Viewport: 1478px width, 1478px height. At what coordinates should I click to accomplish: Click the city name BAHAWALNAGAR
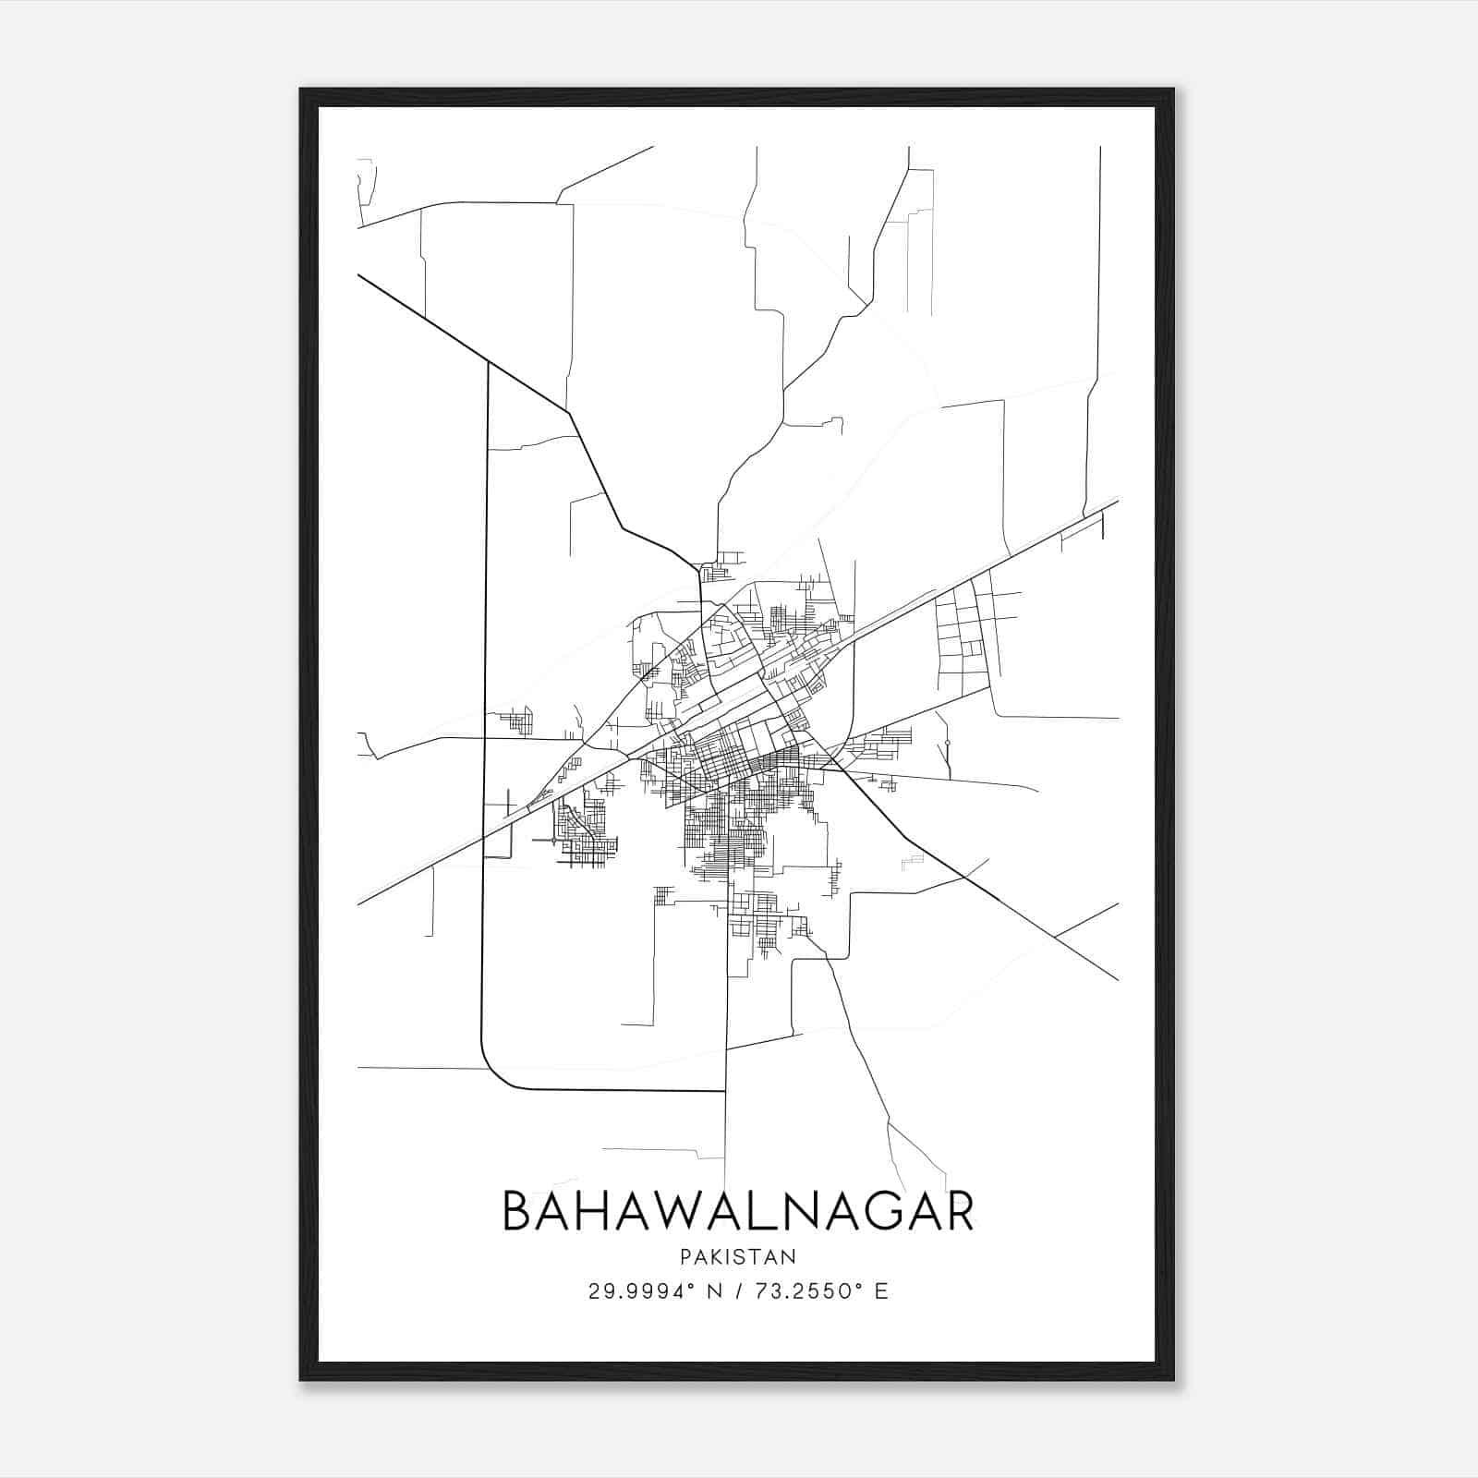tap(737, 1211)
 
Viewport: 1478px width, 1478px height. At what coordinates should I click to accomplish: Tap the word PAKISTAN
tap(737, 1257)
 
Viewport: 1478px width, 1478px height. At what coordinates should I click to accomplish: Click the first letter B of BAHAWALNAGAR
tap(519, 1211)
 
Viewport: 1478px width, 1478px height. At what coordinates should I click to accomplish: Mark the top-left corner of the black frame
tap(302, 91)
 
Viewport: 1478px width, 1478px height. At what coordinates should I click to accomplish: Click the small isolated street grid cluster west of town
tap(517, 721)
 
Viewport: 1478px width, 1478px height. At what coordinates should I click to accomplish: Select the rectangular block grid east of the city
tap(961, 628)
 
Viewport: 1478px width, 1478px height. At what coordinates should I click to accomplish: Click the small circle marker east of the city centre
tap(948, 743)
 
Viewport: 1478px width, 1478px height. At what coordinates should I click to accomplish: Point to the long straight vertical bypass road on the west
tap(485, 693)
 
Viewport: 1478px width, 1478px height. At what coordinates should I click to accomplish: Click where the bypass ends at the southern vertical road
tap(725, 1091)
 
